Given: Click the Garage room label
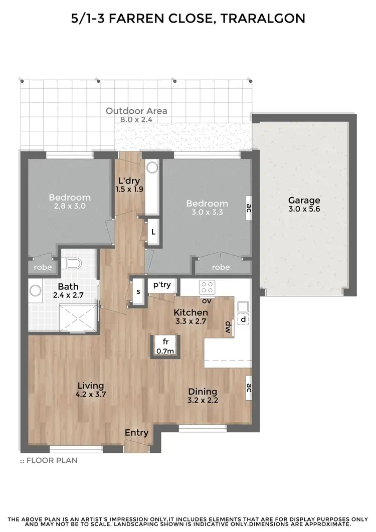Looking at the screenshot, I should tap(304, 201).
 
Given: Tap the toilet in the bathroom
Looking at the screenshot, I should tap(73, 264).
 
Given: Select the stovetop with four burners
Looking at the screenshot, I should tap(206, 287).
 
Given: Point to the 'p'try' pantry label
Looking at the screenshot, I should tap(162, 285).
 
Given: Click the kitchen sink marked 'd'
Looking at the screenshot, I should tap(243, 313).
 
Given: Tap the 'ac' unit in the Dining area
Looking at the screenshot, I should tap(248, 387).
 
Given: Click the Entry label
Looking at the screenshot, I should tap(137, 433).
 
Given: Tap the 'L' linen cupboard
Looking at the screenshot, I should tap(153, 232).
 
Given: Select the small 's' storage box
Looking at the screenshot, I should tap(138, 291).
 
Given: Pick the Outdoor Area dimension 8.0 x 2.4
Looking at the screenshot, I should tap(136, 120).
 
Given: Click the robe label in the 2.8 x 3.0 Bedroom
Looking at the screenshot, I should tap(43, 267).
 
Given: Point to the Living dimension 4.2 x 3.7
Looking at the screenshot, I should tap(91, 394).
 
